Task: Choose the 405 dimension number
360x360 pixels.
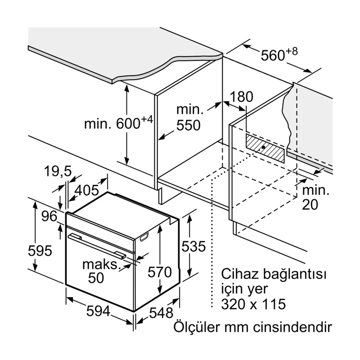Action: [x=87, y=190]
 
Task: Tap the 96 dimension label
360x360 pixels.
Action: [x=50, y=216]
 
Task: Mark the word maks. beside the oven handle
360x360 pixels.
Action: [x=100, y=264]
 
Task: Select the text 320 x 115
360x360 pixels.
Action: [x=253, y=304]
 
